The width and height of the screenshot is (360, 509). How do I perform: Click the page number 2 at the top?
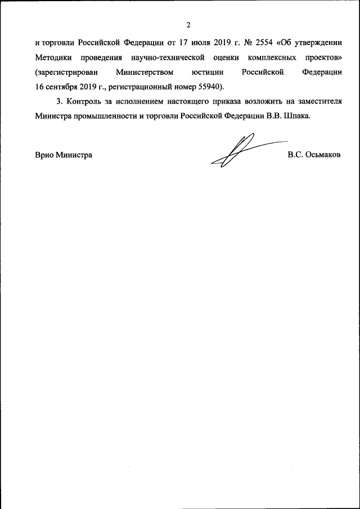coord(189,24)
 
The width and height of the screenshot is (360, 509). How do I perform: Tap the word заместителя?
coord(319,102)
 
